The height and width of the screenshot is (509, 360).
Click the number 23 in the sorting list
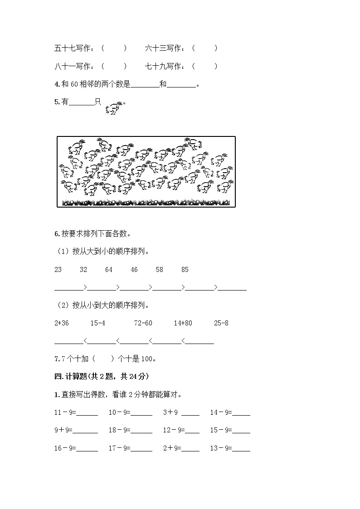pyautogui.click(x=58, y=270)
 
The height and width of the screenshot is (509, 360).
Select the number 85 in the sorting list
pyautogui.click(x=185, y=270)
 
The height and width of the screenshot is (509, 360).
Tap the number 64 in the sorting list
pyautogui.click(x=109, y=270)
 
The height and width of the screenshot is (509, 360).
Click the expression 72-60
pyautogui.click(x=143, y=323)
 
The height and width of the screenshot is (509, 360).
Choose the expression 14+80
pyautogui.click(x=183, y=323)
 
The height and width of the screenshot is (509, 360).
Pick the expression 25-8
pyautogui.click(x=221, y=323)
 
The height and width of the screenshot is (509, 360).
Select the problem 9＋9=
pyautogui.click(x=63, y=430)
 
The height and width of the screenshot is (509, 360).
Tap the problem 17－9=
pyautogui.click(x=119, y=448)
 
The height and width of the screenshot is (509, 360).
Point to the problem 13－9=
pyautogui.click(x=221, y=448)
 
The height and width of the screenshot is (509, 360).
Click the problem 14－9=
pyautogui.click(x=221, y=412)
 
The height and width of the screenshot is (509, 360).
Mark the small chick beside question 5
pyautogui.click(x=113, y=108)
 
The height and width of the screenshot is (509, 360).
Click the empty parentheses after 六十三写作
pyautogui.click(x=204, y=48)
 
